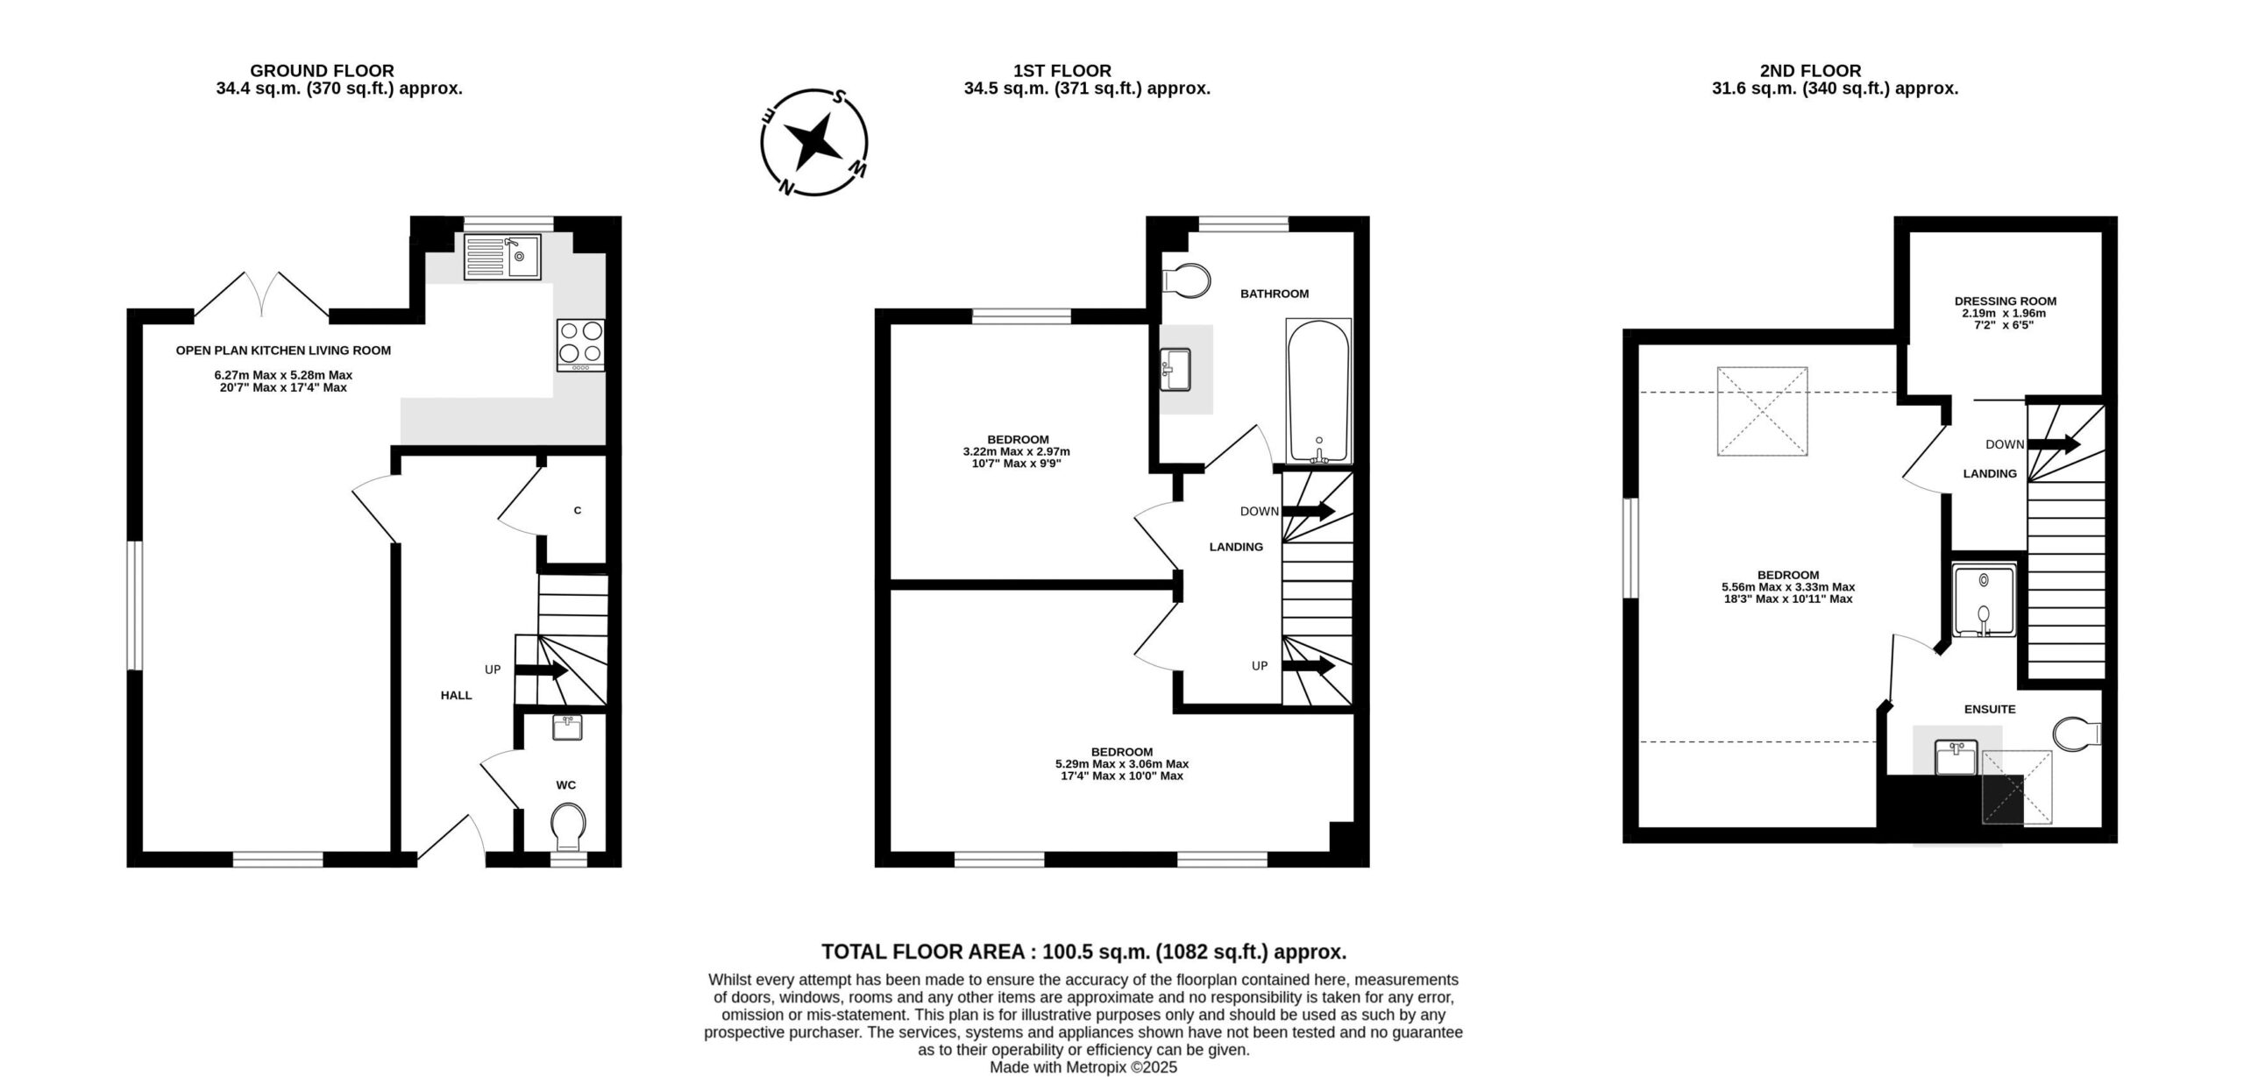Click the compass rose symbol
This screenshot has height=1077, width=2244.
(x=813, y=142)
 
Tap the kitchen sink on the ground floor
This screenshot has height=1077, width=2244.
(x=503, y=256)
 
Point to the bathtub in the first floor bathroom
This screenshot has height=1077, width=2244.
(x=1318, y=391)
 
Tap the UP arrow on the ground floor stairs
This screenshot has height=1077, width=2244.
(x=542, y=671)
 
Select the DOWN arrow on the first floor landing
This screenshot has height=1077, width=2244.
(x=1309, y=511)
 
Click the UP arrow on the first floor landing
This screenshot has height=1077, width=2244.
(x=1309, y=666)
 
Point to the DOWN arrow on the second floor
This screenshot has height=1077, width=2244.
(x=2054, y=444)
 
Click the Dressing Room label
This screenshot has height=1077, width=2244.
(x=2006, y=301)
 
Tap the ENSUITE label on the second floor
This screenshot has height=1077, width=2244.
(x=1990, y=709)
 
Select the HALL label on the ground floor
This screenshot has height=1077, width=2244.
(x=456, y=695)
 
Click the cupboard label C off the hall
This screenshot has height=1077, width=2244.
(x=577, y=510)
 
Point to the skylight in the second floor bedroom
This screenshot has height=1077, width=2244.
(x=1762, y=411)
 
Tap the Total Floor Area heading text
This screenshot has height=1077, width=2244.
(x=1083, y=952)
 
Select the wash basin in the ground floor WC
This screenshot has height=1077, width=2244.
(x=568, y=727)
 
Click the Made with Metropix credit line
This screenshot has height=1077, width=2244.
(x=1083, y=1067)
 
